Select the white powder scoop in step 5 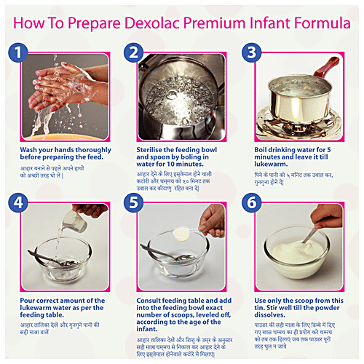click(180, 232)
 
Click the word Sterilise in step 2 click(154, 149)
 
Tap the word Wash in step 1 click(31, 149)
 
